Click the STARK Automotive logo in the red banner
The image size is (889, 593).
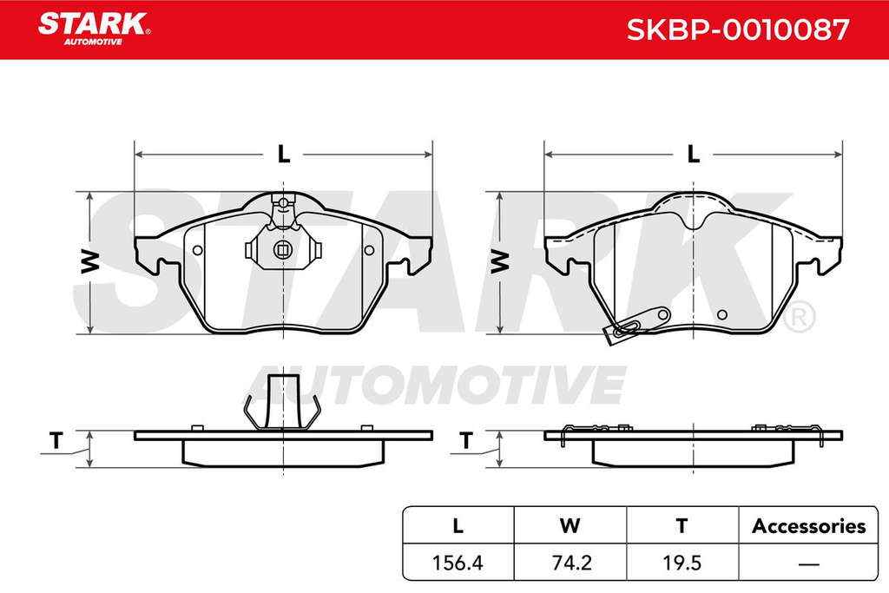[94, 29]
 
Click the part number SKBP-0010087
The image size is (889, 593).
[738, 30]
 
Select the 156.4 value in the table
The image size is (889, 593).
[458, 563]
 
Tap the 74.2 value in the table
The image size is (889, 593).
[571, 563]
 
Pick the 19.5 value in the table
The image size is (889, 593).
[682, 563]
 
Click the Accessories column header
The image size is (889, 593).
[808, 526]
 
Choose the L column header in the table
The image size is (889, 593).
[458, 526]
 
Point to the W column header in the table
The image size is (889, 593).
[570, 526]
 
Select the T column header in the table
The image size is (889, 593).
[682, 526]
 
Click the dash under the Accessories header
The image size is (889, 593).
[808, 564]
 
